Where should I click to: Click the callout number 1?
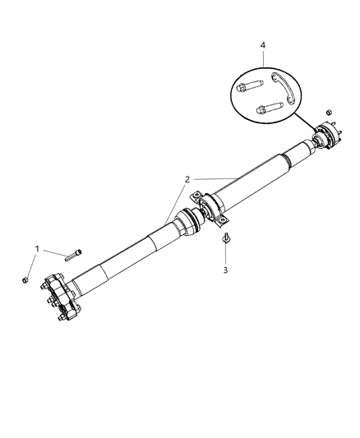point(36,248)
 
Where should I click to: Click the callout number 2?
point(188,178)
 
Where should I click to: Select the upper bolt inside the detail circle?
point(249,85)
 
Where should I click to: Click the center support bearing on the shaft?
point(213,207)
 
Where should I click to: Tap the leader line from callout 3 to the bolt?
point(224,254)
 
